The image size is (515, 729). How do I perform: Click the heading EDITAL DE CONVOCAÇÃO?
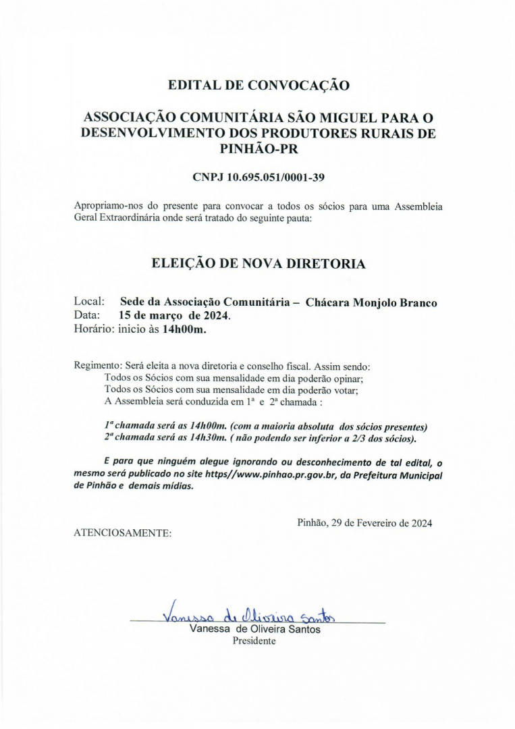[x=259, y=86]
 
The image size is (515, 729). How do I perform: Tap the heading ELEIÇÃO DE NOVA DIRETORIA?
[x=259, y=264]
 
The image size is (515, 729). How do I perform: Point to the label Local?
[x=88, y=302]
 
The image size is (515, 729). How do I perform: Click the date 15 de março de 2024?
[x=174, y=315]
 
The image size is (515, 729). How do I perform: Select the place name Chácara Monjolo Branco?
[x=371, y=302]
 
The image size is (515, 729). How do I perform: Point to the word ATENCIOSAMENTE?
[x=122, y=533]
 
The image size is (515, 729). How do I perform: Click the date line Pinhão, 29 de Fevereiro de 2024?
[x=364, y=522]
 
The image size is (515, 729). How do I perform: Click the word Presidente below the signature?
[x=254, y=641]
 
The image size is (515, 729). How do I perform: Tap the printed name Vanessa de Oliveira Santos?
[x=255, y=629]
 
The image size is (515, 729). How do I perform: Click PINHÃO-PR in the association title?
[x=259, y=148]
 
